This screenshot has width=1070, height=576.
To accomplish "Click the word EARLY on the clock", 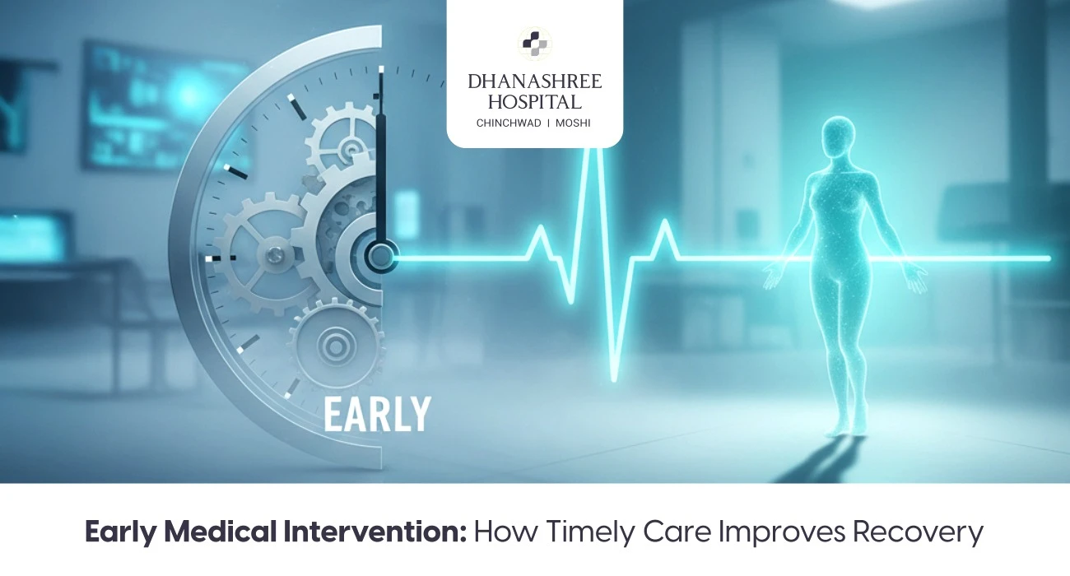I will click(x=377, y=414).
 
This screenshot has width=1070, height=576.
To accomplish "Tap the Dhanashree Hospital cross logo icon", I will click(x=535, y=44).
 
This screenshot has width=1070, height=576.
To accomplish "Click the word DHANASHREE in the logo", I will click(x=535, y=81).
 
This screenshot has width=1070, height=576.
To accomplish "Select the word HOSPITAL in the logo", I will click(x=535, y=102).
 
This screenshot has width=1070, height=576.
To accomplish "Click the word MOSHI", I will click(x=575, y=123).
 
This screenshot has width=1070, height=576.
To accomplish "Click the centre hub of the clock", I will click(x=380, y=256).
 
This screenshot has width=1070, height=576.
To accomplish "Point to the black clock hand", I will click(x=380, y=165).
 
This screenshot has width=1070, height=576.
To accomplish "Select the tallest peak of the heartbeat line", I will click(x=590, y=148).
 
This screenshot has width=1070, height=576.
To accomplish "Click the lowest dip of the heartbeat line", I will click(x=613, y=379).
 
